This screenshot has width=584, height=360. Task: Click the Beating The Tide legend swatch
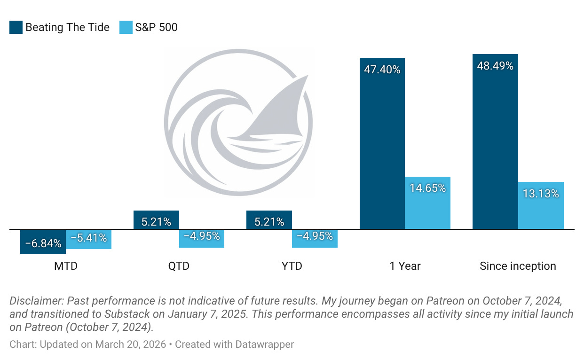pyautogui.click(x=16, y=27)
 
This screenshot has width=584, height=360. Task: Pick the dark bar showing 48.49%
pyautogui.click(x=495, y=141)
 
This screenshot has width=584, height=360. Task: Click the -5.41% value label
pyautogui.click(x=89, y=238)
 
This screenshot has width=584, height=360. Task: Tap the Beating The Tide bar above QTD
pyautogui.click(x=156, y=220)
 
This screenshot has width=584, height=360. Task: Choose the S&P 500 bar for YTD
pyautogui.click(x=315, y=238)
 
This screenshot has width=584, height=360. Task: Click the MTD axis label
pyautogui.click(x=66, y=266)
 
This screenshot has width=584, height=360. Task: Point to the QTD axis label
pyautogui.click(x=179, y=266)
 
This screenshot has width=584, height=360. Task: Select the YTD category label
pyautogui.click(x=292, y=266)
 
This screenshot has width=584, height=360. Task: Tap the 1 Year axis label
pyautogui.click(x=405, y=266)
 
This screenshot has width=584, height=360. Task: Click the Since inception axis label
pyautogui.click(x=518, y=266)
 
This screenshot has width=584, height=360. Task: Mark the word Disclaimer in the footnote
pyautogui.click(x=36, y=301)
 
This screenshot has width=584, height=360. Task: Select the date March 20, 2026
pyautogui.click(x=131, y=344)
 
